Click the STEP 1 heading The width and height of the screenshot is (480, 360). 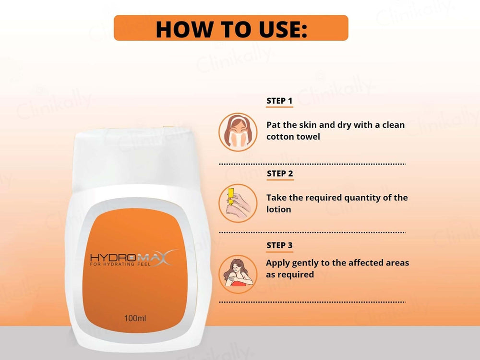pos(279,101)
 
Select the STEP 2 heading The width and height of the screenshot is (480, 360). pos(280,174)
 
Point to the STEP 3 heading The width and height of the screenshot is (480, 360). pos(279,245)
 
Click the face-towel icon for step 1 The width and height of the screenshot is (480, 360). pos(238,132)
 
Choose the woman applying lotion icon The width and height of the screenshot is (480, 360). pos(238,274)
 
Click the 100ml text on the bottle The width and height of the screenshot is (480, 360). pos(135,318)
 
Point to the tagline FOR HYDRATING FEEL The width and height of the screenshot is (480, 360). pos(120,264)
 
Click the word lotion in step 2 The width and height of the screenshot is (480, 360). pos(278,209)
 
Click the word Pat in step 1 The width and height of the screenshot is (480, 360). pos(273,125)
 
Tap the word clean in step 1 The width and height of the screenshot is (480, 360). pos(394,125)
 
